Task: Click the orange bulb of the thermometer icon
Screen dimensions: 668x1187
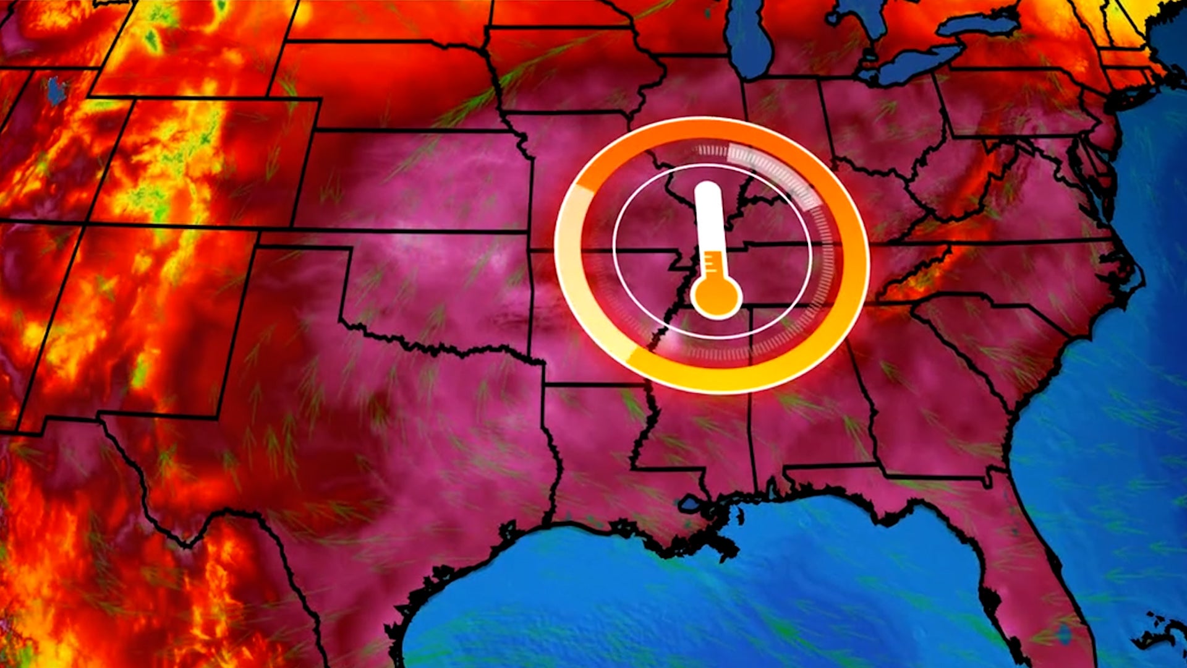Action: point(716,295)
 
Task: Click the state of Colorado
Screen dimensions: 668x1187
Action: point(198,161)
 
